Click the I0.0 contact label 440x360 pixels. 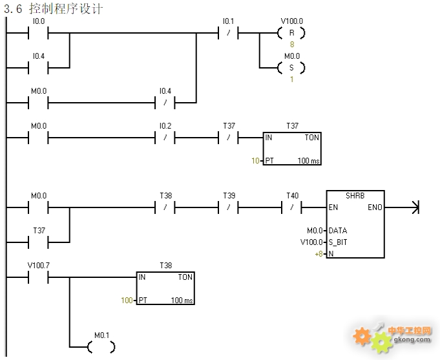[x=39, y=21]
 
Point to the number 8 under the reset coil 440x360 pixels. [x=291, y=45]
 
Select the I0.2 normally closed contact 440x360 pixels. [x=165, y=138]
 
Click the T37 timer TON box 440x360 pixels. [x=292, y=149]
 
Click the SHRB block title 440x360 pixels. [x=355, y=196]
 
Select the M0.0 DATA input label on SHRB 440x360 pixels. [x=315, y=230]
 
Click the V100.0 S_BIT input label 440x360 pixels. [x=313, y=242]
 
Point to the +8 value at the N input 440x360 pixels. [x=319, y=253]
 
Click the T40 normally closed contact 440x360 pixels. [x=292, y=207]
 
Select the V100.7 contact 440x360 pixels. [x=39, y=277]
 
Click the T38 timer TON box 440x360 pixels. [x=165, y=288]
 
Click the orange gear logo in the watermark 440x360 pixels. [x=363, y=335]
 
